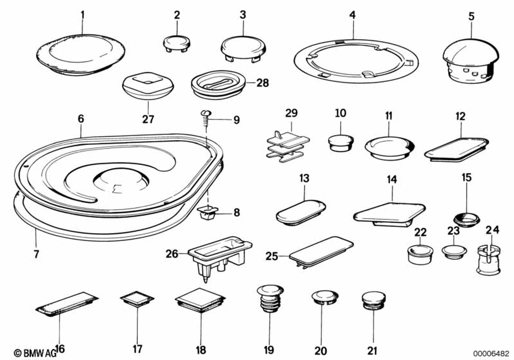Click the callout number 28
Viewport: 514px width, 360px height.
click(262, 82)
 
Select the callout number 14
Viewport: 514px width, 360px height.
click(392, 179)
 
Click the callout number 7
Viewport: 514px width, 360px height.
click(35, 253)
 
